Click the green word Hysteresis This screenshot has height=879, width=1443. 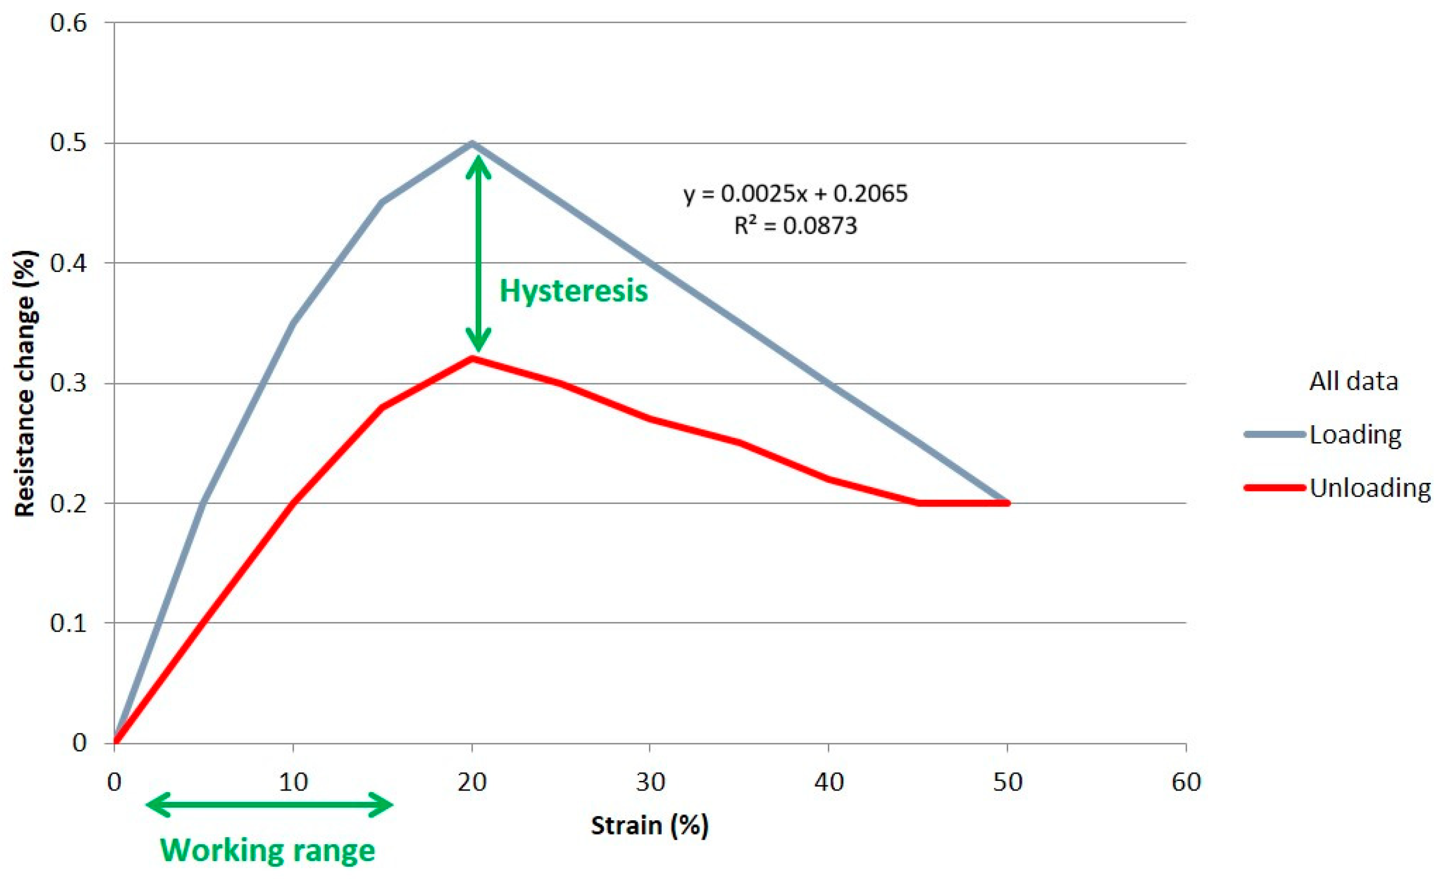point(573,291)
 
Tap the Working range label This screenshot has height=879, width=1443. point(268,850)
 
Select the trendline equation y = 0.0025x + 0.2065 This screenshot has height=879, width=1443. point(795,193)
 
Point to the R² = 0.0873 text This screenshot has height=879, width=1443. point(795,225)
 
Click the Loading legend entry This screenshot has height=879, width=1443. point(1355,434)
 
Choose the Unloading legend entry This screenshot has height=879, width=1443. point(1369,487)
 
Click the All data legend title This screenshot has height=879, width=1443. point(1354,382)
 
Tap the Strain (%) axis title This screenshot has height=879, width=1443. point(649,825)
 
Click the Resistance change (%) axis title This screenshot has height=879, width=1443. point(25,384)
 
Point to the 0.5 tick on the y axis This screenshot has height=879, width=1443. point(68,143)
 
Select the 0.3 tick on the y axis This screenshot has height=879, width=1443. point(68,384)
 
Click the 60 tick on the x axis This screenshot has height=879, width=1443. point(1186,782)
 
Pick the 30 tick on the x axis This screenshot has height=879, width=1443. point(650,782)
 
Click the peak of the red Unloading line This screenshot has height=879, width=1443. point(472,358)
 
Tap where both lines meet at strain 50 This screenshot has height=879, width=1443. point(1007,503)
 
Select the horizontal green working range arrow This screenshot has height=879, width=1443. point(269,804)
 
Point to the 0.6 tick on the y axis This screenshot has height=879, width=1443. point(68,23)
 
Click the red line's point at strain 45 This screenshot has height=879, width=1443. point(918,503)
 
